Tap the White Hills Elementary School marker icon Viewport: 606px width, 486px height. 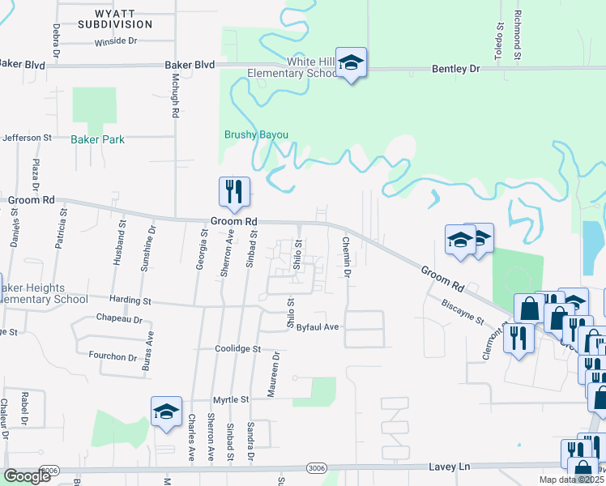tap(351, 64)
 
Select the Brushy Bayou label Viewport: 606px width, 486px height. tap(256, 134)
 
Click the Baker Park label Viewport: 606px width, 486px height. tap(97, 139)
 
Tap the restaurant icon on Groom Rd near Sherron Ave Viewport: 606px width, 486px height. tap(233, 193)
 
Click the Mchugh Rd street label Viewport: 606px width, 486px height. tap(174, 96)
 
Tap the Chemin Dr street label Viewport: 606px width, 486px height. tap(346, 257)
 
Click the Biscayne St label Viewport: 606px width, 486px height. tap(462, 309)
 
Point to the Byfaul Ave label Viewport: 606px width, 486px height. tap(317, 327)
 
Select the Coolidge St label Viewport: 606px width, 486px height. tap(237, 348)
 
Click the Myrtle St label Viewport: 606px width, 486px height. tap(231, 399)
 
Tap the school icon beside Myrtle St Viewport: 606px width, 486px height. tap(166, 412)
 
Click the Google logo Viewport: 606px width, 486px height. tap(27, 475)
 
